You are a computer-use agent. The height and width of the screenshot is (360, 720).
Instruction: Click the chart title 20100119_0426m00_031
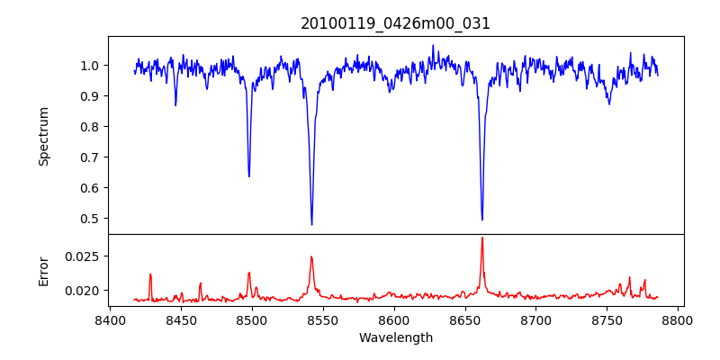pos(395,23)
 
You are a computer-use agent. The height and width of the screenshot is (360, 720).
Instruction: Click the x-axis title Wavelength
pos(395,337)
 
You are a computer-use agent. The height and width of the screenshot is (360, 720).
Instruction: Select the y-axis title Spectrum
pos(43,136)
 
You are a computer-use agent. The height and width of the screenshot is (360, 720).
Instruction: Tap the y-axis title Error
pos(43,270)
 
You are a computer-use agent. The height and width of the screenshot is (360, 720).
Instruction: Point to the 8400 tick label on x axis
pos(110,319)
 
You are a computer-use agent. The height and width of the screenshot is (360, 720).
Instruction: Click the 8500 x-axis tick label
pos(252,319)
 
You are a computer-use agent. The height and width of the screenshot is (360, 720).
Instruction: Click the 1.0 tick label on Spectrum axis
pos(90,66)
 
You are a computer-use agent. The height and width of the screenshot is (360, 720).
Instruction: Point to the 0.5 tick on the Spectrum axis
pos(90,219)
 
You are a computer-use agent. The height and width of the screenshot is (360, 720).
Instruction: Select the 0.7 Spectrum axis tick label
pos(90,157)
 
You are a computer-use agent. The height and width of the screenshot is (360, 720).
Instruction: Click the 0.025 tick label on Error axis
pos(84,256)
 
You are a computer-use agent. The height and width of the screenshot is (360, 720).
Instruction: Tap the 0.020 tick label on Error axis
pos(84,291)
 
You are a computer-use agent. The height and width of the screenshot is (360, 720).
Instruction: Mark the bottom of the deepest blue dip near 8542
pos(311,224)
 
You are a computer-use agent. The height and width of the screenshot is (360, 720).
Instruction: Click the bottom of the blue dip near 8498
pos(249,175)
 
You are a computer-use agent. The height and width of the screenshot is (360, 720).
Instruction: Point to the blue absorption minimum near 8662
pos(481,219)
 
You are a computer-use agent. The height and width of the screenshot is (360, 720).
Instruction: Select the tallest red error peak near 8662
pos(481,238)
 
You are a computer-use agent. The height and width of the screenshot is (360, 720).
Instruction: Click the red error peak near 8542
pos(311,257)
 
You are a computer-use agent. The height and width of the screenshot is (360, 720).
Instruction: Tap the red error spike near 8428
pos(150,274)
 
